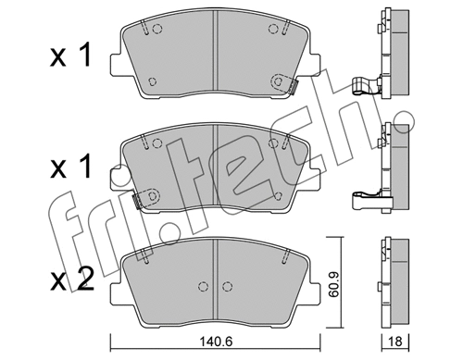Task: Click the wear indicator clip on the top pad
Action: pyautogui.click(x=293, y=88)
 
